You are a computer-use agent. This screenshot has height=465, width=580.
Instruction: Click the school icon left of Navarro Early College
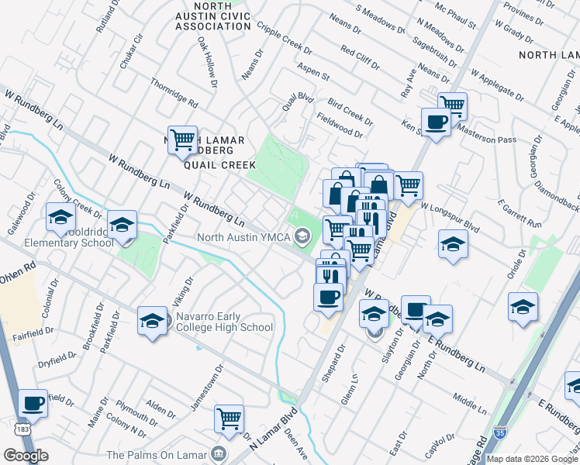[x=153, y=321]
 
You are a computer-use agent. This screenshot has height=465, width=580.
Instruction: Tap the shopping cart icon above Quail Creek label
[x=182, y=140]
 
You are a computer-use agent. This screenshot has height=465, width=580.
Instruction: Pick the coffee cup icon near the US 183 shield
[x=33, y=404]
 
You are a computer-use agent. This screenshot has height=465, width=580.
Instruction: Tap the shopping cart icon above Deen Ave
[x=230, y=419]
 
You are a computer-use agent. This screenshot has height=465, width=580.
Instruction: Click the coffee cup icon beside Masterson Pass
[x=436, y=122]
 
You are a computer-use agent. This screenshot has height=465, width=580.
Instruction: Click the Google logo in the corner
[x=26, y=456]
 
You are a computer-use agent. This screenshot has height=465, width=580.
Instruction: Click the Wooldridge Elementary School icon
[x=122, y=226]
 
